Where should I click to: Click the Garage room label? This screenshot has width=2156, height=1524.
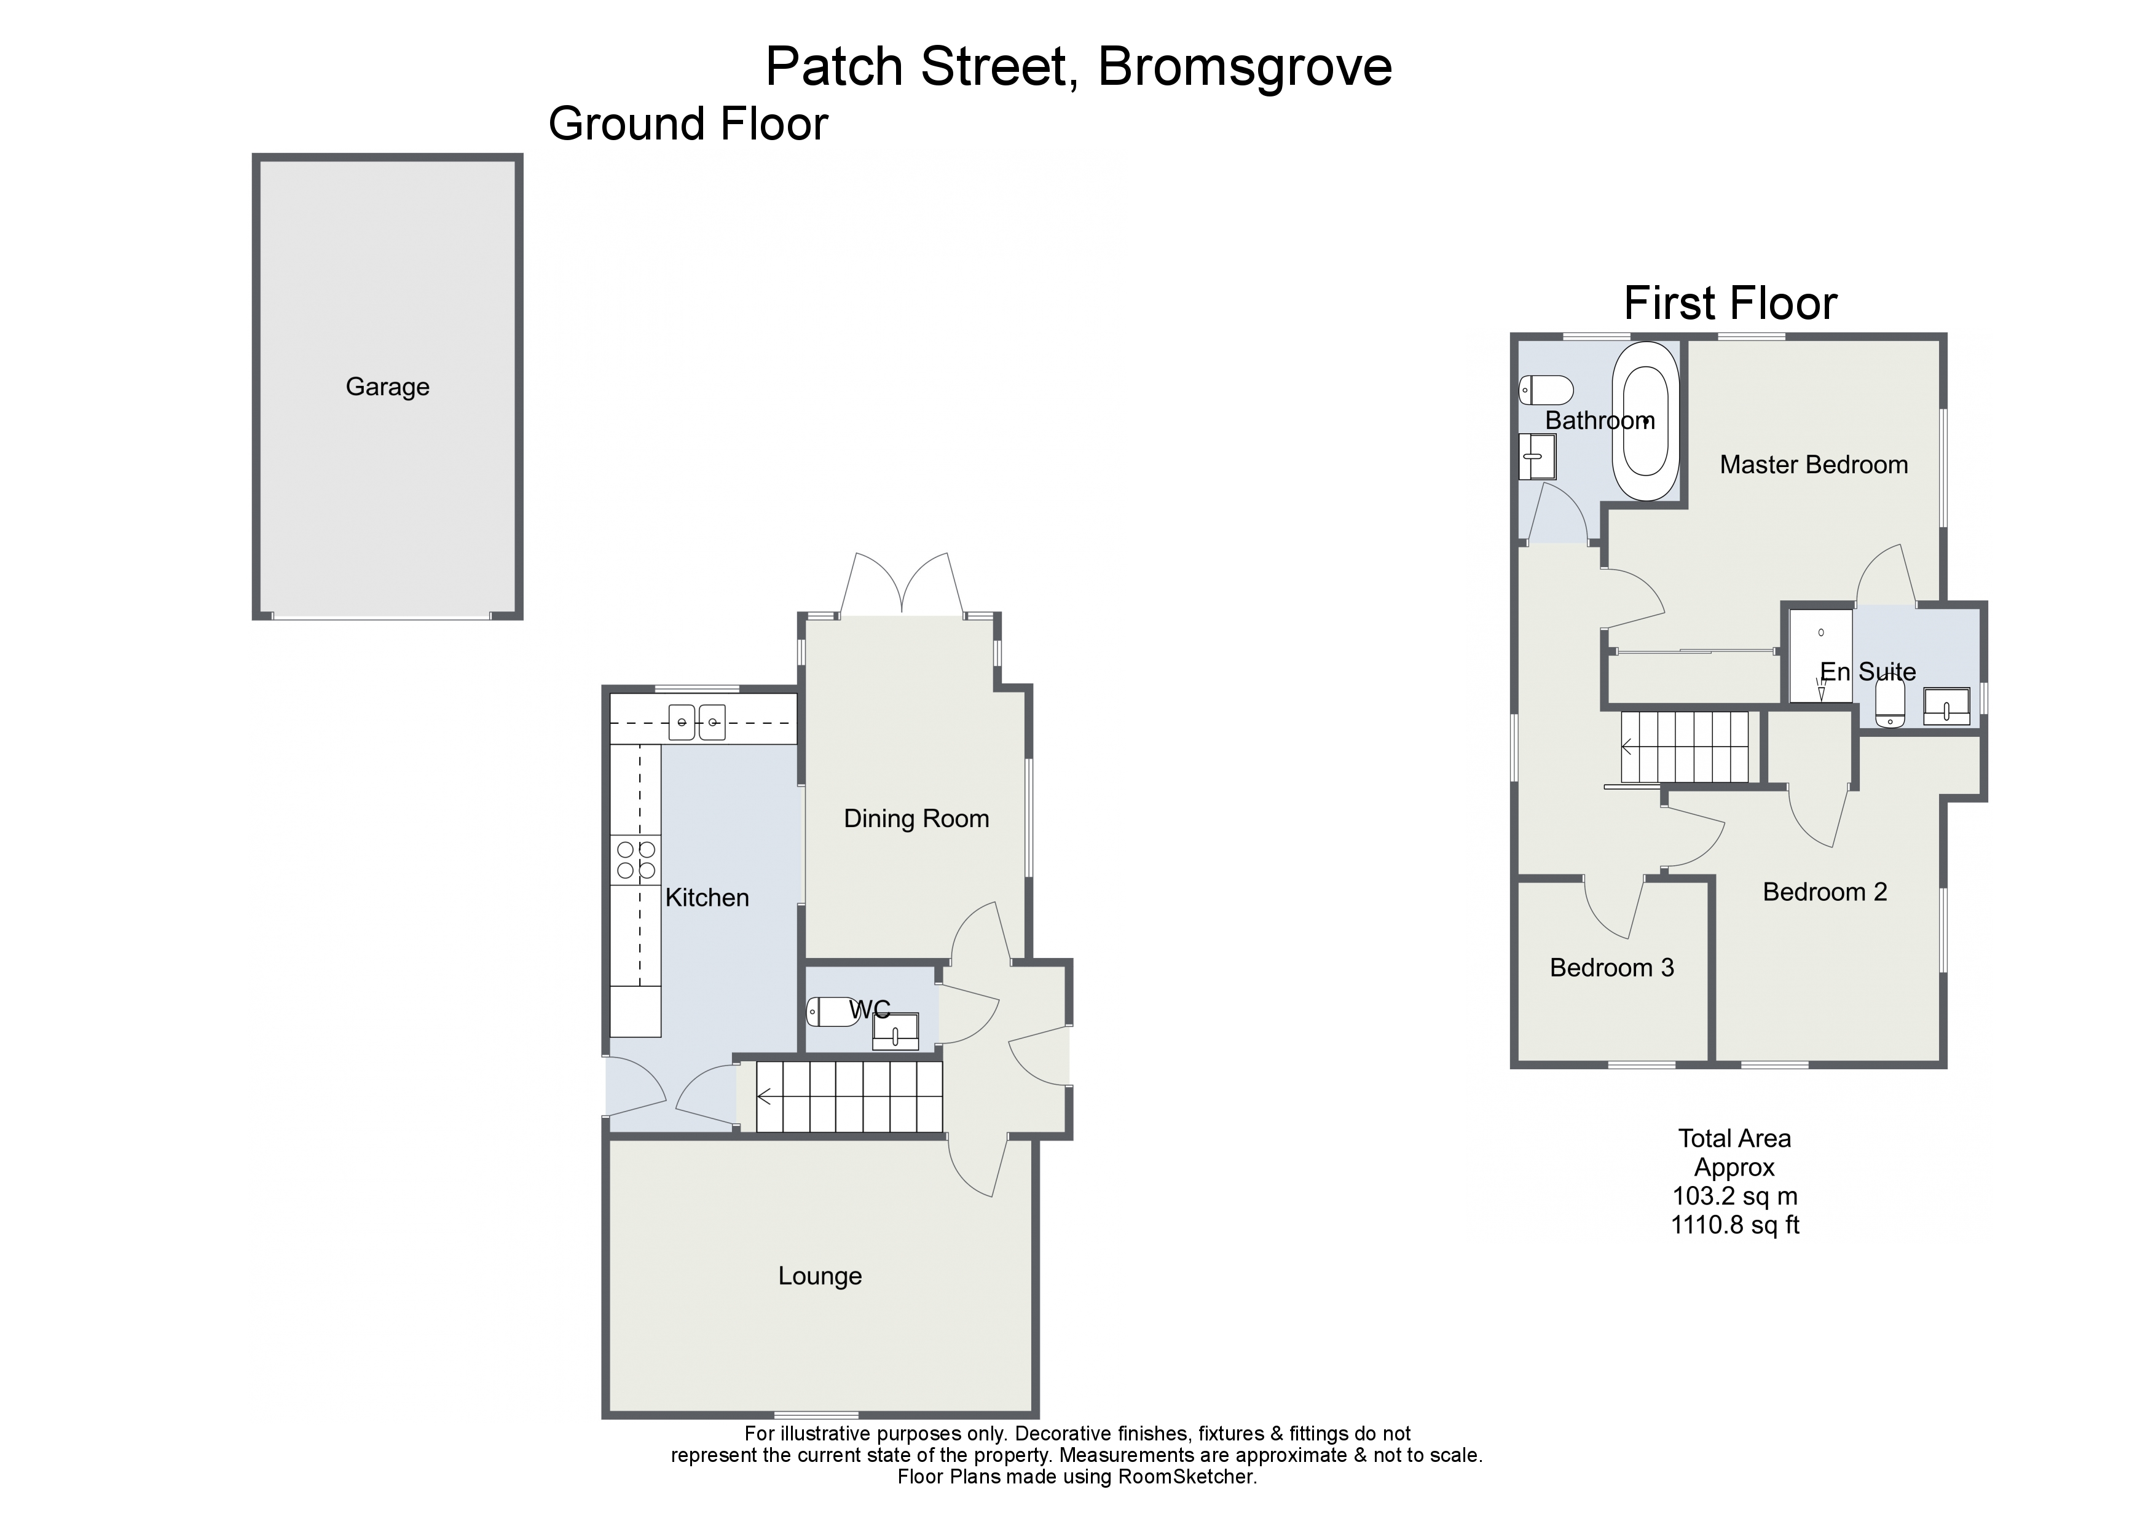pyautogui.click(x=387, y=387)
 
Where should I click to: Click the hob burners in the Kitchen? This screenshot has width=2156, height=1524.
pyautogui.click(x=635, y=861)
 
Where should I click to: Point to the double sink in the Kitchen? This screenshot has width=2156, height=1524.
pyautogui.click(x=698, y=722)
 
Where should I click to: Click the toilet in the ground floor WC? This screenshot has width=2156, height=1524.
pyautogui.click(x=830, y=1011)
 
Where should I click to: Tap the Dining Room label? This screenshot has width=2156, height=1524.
pyautogui.click(x=916, y=819)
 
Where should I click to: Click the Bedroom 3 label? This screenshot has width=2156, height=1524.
pyautogui.click(x=1611, y=968)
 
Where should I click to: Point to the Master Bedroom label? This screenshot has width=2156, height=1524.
pyautogui.click(x=1812, y=465)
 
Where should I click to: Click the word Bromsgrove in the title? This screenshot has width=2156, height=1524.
pyautogui.click(x=1243, y=66)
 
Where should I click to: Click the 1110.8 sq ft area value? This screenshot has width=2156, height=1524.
pyautogui.click(x=1734, y=1225)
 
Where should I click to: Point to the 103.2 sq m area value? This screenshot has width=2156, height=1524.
pyautogui.click(x=1734, y=1196)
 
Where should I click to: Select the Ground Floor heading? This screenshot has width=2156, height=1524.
pyautogui.click(x=688, y=125)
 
